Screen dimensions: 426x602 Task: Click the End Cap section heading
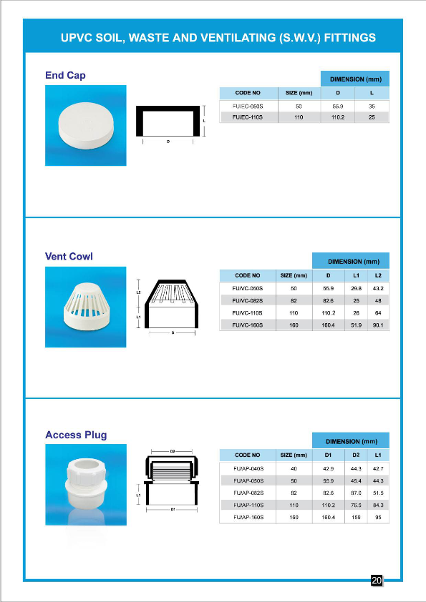[65, 75]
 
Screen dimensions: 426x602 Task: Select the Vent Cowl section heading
[69, 256]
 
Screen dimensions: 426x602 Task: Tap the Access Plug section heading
[76, 434]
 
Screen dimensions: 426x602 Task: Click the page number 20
[377, 581]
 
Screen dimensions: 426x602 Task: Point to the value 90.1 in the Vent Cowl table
[378, 325]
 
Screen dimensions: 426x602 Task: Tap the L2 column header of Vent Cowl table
[379, 275]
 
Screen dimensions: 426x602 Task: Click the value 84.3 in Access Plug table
[378, 505]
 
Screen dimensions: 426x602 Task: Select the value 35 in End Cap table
[372, 106]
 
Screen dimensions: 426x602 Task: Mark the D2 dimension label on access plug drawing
[173, 451]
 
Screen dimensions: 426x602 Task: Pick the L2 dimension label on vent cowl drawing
[138, 292]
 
